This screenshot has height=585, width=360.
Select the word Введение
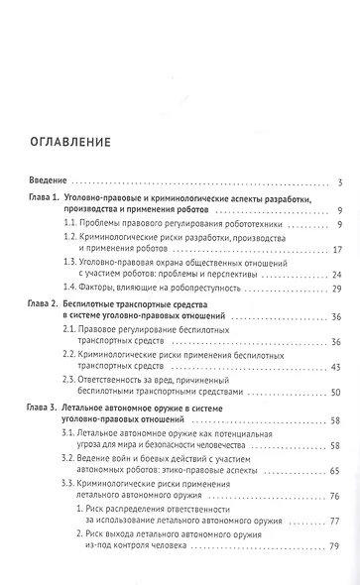click(x=46, y=182)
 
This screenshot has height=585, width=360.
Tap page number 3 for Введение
click(x=339, y=182)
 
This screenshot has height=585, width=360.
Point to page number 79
click(x=337, y=572)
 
